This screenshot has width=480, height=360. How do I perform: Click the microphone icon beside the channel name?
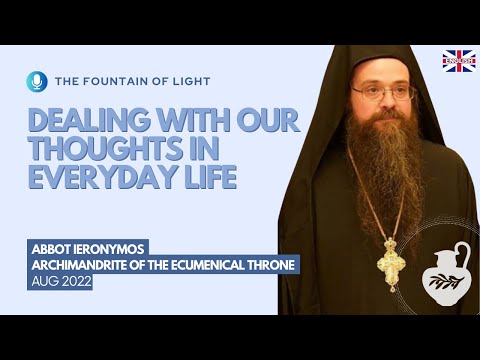(x=37, y=80)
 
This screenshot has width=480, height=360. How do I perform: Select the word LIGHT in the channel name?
(x=191, y=80)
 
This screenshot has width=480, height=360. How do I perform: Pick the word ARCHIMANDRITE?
(x=87, y=266)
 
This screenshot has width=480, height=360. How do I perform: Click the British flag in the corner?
(x=459, y=61)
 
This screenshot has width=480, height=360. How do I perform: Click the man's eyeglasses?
(x=384, y=93)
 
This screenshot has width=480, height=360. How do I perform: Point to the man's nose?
(x=385, y=103)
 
